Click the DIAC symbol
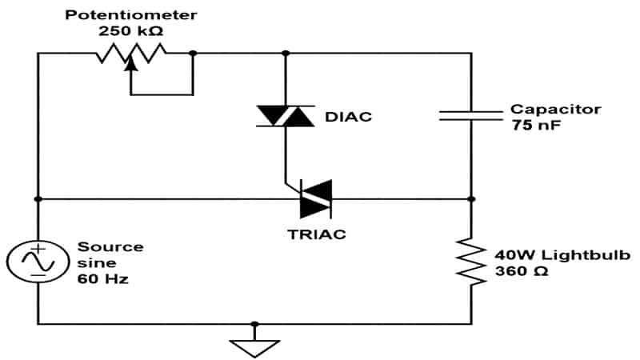tap(285, 117)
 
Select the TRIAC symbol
tap(314, 198)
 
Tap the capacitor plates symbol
tap(471, 116)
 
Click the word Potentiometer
tap(131, 15)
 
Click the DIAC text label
tap(348, 117)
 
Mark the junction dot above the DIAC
tap(286, 54)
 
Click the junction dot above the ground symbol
tap(254, 324)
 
